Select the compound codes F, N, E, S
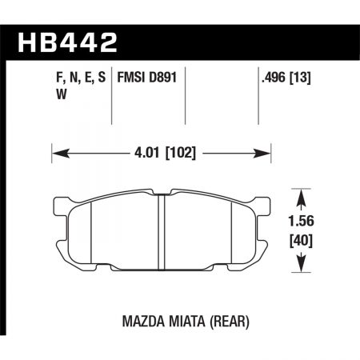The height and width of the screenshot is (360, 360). [80, 78]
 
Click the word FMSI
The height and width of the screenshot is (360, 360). [133, 78]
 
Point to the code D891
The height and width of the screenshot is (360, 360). [166, 78]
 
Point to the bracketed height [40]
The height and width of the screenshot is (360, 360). [304, 241]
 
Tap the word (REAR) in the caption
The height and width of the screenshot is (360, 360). [228, 322]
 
